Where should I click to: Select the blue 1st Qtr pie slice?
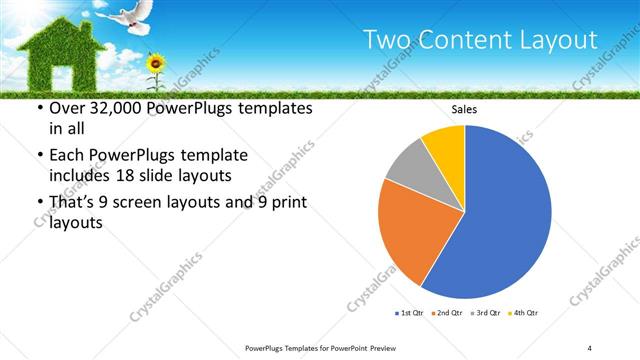(x=505, y=215)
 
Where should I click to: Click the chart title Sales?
(x=465, y=110)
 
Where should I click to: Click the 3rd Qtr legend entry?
(x=483, y=313)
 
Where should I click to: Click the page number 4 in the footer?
(x=590, y=347)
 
